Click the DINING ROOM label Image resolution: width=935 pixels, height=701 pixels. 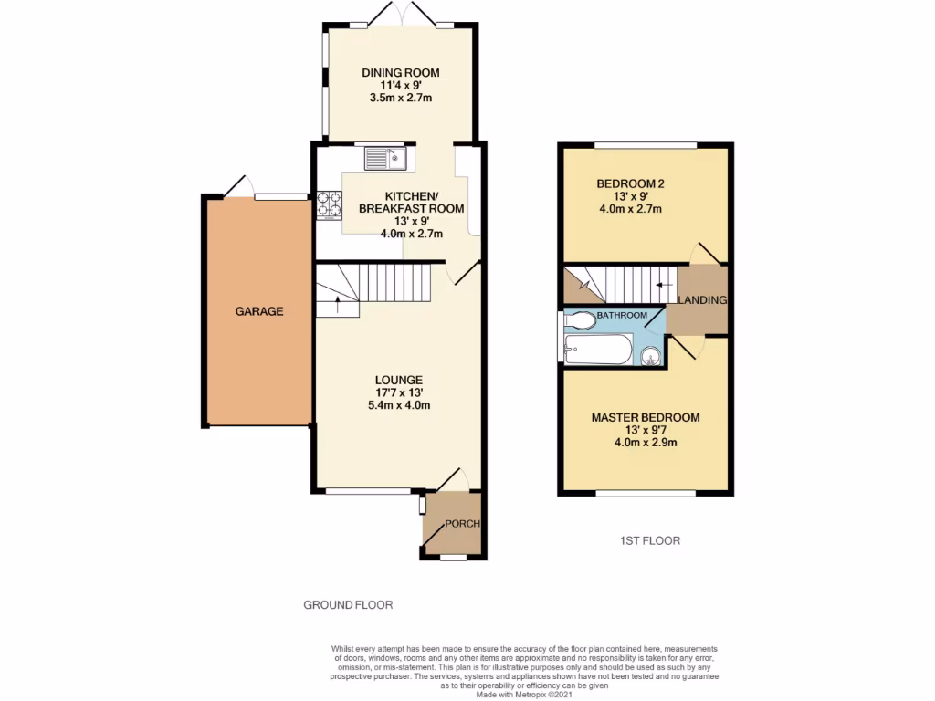(400, 73)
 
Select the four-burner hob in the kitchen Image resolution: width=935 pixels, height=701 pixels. (328, 204)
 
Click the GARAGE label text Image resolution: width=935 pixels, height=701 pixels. (259, 311)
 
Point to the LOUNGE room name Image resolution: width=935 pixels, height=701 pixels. (397, 380)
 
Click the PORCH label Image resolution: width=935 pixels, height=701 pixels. (462, 524)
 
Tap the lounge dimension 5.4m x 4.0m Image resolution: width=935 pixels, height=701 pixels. (397, 405)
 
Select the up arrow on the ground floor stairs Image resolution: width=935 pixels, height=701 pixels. (338, 303)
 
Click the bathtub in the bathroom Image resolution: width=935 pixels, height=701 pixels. (597, 349)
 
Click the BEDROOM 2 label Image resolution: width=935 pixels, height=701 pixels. (630, 183)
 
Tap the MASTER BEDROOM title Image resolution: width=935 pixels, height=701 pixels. (646, 418)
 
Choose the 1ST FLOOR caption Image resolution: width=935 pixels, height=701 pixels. (646, 540)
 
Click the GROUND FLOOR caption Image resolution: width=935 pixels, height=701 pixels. (348, 604)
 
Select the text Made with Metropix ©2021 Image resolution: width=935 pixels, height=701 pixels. (523, 693)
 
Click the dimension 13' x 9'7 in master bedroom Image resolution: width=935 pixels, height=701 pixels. (646, 430)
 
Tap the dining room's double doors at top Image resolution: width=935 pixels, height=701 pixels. (400, 16)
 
